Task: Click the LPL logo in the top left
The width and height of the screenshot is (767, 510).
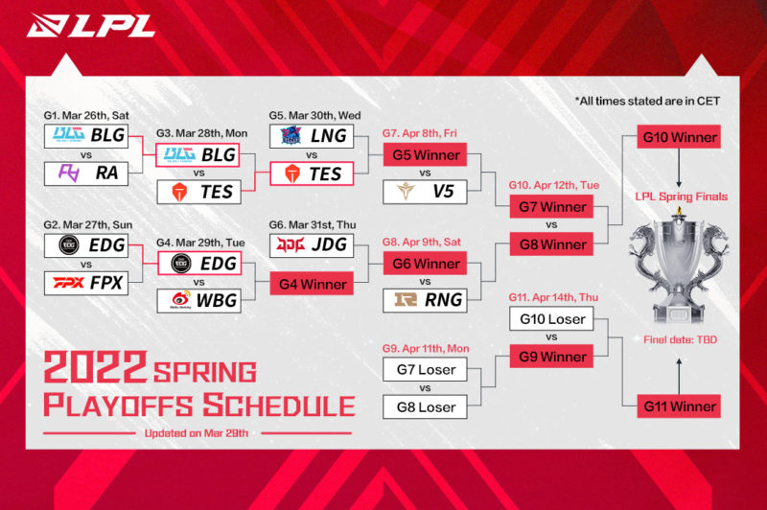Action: tap(92, 25)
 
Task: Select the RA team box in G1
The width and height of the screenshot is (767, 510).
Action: tap(86, 174)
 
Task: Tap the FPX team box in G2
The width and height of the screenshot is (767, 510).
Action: tap(86, 284)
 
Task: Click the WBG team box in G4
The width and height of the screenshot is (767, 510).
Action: tap(199, 301)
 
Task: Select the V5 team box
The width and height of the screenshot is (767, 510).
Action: tap(424, 191)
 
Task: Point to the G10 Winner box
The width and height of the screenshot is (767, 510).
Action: tap(680, 136)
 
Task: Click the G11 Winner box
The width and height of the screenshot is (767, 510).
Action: tap(680, 406)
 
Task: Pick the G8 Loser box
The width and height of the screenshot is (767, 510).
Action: tap(424, 406)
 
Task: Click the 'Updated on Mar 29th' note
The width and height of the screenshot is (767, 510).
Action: tap(197, 432)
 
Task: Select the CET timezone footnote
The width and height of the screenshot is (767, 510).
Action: tap(647, 100)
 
